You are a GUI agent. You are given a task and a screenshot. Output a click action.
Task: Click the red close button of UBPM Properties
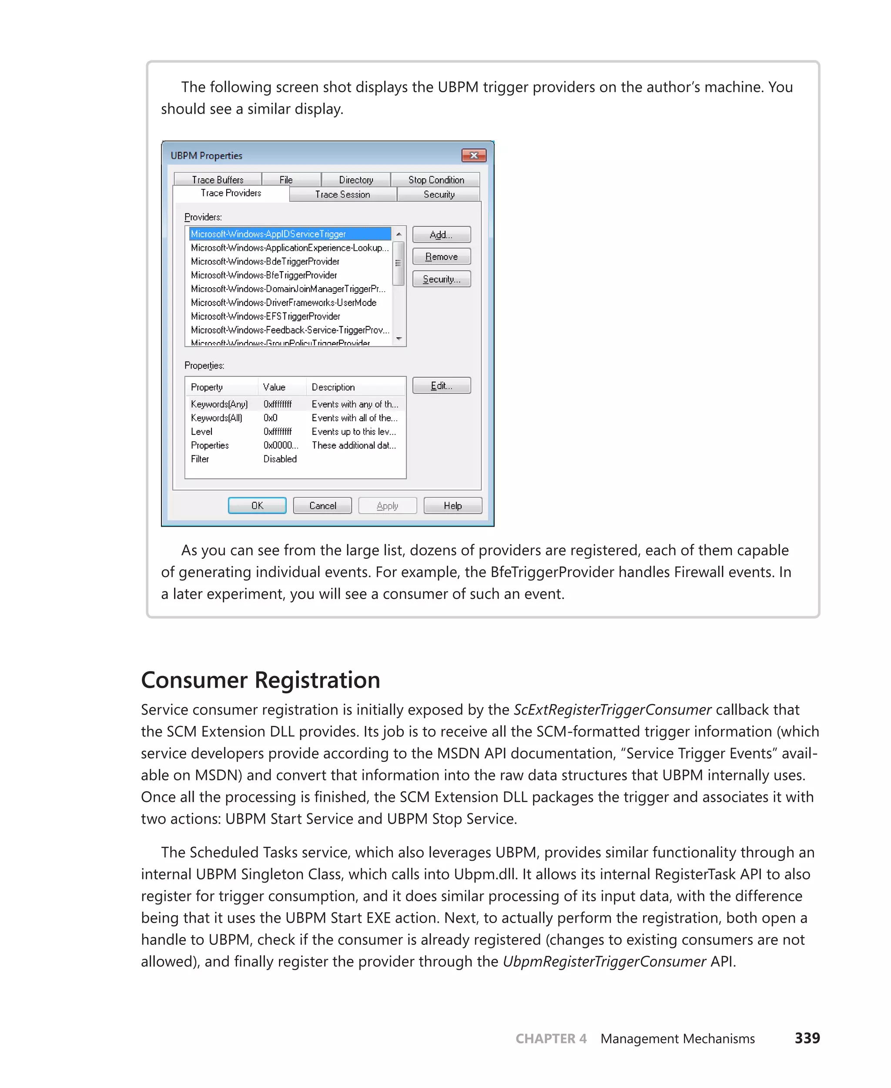tap(473, 155)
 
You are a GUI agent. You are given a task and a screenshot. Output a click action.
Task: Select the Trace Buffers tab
tap(218, 180)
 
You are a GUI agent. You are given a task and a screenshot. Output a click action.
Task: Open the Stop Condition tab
tap(436, 180)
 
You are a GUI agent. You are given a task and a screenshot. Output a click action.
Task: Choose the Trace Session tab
tap(342, 194)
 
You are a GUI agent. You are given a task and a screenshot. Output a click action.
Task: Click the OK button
tap(257, 505)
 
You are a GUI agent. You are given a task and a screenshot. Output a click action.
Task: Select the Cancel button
tap(322, 505)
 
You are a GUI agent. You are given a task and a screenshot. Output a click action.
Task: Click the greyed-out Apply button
tap(387, 505)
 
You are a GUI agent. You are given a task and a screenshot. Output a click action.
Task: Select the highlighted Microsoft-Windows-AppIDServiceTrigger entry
tap(268, 234)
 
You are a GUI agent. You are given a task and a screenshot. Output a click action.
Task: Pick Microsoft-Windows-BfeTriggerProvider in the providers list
tap(264, 275)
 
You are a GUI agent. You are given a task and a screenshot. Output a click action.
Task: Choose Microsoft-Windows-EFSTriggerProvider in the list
tap(265, 316)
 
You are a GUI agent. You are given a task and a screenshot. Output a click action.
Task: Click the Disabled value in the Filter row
tap(280, 459)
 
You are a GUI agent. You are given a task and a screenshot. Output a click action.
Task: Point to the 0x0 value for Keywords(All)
tap(271, 417)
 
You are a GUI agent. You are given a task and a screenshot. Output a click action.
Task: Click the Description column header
tap(333, 386)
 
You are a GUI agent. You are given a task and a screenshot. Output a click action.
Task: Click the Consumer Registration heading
tap(260, 679)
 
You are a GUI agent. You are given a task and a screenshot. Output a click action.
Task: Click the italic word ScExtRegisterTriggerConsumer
tap(612, 709)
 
